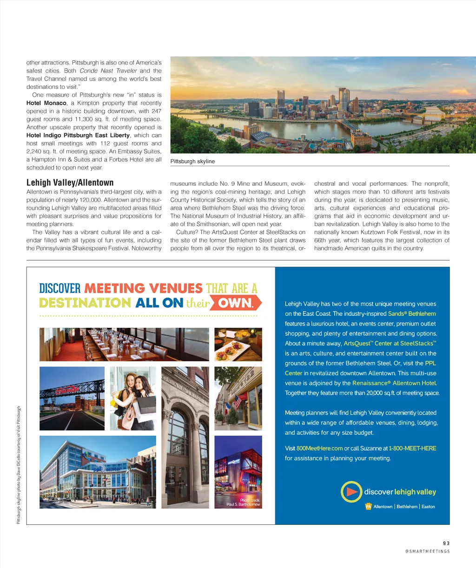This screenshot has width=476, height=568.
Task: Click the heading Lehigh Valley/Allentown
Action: pyautogui.click(x=70, y=183)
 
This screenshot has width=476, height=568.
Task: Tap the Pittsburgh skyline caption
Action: pyautogui.click(x=192, y=161)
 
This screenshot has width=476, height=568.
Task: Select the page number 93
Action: pyautogui.click(x=446, y=543)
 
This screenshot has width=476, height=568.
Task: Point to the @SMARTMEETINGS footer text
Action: pyautogui.click(x=427, y=551)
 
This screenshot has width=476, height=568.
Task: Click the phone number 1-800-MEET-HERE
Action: pyautogui.click(x=412, y=448)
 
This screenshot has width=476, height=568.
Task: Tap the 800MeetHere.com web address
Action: pyautogui.click(x=319, y=448)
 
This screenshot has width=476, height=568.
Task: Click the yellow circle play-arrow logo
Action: pyautogui.click(x=351, y=492)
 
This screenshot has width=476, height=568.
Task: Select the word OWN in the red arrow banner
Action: pyautogui.click(x=235, y=303)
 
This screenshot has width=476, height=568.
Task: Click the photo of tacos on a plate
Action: pyautogui.click(x=238, y=344)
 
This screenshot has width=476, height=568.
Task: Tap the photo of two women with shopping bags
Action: pyautogui.click(x=133, y=398)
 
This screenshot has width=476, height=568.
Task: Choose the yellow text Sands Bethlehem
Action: pyautogui.click(x=412, y=313)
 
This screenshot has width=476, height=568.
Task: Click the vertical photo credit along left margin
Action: pyautogui.click(x=19, y=465)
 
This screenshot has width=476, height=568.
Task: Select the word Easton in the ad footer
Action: pyautogui.click(x=428, y=507)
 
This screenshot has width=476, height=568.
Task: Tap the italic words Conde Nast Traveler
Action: pyautogui.click(x=108, y=71)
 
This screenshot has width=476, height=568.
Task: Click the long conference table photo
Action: pyautogui.click(x=124, y=344)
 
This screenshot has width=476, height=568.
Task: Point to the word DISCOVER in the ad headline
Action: pyautogui.click(x=60, y=288)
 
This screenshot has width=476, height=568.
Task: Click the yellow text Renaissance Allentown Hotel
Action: pyautogui.click(x=394, y=383)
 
